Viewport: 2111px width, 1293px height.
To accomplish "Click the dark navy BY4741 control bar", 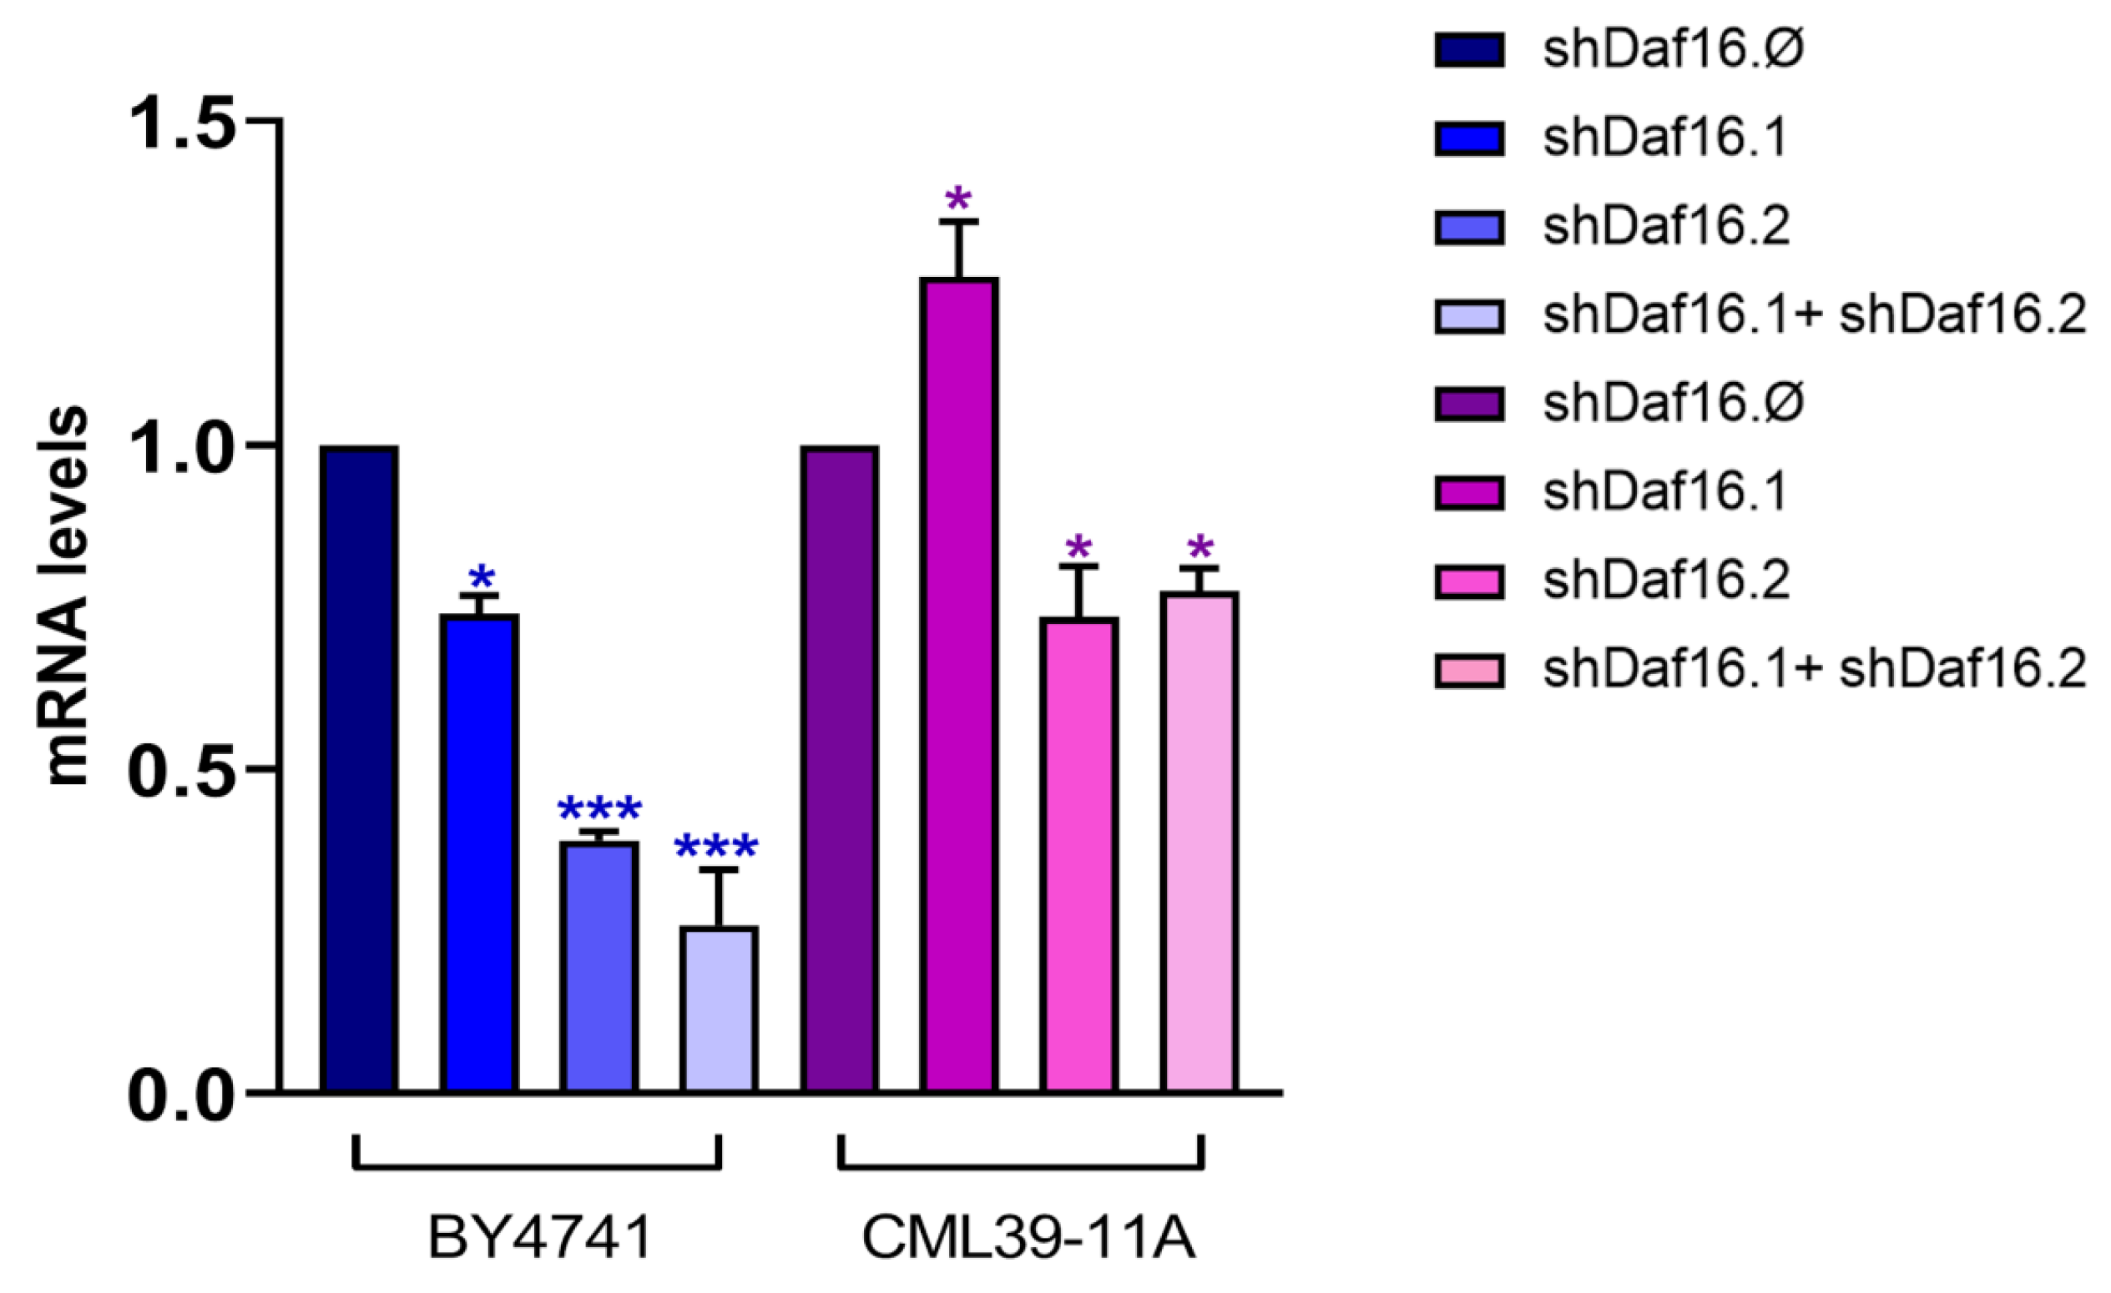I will point(359,768).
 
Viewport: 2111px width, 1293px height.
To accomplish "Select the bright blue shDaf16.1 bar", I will point(479,852).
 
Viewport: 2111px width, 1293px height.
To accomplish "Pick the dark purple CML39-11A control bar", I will point(840,768).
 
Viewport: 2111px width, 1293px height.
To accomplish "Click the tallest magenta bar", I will point(960,684).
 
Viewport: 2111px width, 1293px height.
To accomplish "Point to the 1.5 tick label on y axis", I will point(182,122).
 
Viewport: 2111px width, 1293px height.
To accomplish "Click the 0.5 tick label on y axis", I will point(182,769).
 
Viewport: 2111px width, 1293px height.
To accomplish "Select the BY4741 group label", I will point(540,1238).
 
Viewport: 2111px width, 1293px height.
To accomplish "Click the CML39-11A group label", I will point(1028,1238).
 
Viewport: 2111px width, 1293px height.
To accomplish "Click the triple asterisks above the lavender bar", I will point(716,848).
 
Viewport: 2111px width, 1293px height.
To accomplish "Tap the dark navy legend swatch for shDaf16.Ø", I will point(1469,50).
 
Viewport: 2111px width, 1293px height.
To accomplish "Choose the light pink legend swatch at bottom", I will point(1469,670).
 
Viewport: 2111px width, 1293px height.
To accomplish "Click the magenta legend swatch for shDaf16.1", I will point(1469,493).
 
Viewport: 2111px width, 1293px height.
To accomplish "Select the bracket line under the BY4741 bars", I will point(538,1166).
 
